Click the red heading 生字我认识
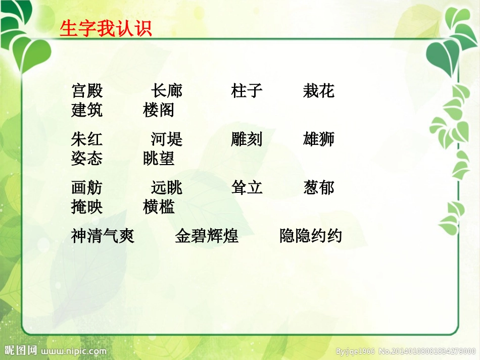[x=106, y=29]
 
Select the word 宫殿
[x=87, y=91]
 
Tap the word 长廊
[x=167, y=91]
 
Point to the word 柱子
[x=247, y=91]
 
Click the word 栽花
[x=319, y=91]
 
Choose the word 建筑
[x=87, y=110]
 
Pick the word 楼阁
[x=159, y=110]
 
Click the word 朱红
[x=87, y=139]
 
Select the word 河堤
[x=167, y=139]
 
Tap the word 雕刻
[x=247, y=139]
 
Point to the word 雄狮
[x=319, y=139]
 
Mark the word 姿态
[x=87, y=158]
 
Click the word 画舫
[x=87, y=188]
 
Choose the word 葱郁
[x=319, y=188]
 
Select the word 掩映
[x=87, y=207]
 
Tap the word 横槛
[x=159, y=207]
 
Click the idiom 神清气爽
[x=103, y=236]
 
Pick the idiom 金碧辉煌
[x=207, y=236]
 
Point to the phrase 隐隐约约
[x=311, y=236]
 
